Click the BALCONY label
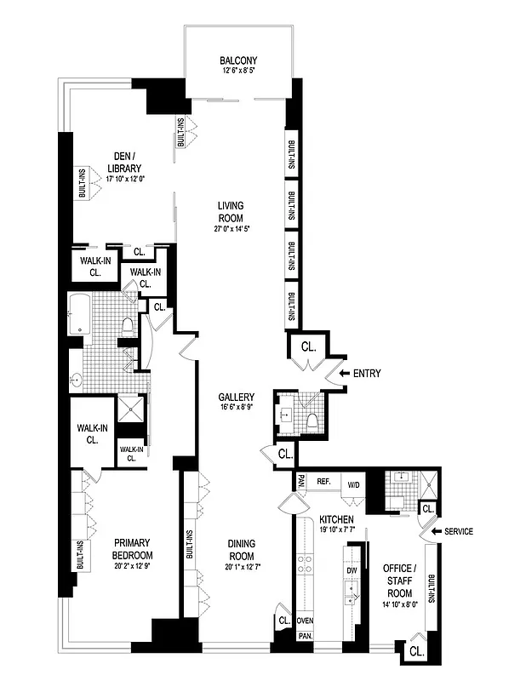tap(238, 60)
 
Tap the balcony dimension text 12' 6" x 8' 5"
tap(238, 71)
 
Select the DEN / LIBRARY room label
tap(126, 161)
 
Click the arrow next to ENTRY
tap(343, 373)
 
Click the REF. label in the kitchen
tap(323, 482)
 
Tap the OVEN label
tap(305, 621)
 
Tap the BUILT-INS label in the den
tap(82, 182)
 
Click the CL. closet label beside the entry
tap(308, 347)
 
